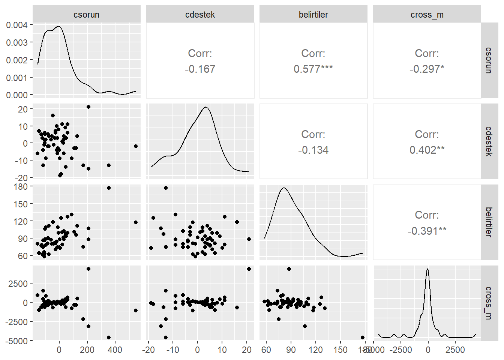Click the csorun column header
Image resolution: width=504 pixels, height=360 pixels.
[x=86, y=15]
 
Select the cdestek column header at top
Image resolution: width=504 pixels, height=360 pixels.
[x=200, y=15]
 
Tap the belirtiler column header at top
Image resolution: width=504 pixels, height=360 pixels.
[x=313, y=15]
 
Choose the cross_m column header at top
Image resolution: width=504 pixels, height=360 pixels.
[x=427, y=15]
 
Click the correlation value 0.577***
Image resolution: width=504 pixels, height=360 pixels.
[x=313, y=69]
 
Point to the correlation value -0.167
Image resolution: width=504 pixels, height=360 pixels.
[x=200, y=69]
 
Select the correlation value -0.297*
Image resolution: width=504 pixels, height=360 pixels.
[x=427, y=69]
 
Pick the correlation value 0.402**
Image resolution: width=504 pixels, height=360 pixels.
[x=427, y=150]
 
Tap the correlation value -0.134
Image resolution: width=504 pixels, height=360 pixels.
[x=313, y=150]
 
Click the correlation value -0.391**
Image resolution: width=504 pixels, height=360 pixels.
[x=427, y=231]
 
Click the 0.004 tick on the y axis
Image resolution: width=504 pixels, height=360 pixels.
[x=17, y=25]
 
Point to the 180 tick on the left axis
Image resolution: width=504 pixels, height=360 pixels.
[x=21, y=186]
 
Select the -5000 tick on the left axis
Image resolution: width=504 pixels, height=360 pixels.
[x=16, y=341]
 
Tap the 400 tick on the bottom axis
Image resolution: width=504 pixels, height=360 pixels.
[x=115, y=350]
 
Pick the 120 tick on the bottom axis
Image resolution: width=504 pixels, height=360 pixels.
[x=315, y=350]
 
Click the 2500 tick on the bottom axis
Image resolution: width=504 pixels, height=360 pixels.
[x=455, y=350]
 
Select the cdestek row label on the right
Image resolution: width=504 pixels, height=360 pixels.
[x=488, y=141]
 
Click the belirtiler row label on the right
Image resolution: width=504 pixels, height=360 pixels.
[x=488, y=222]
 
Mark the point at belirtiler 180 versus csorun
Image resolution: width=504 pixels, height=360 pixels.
[x=109, y=188]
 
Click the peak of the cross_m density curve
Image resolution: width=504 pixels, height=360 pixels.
[x=427, y=269]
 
